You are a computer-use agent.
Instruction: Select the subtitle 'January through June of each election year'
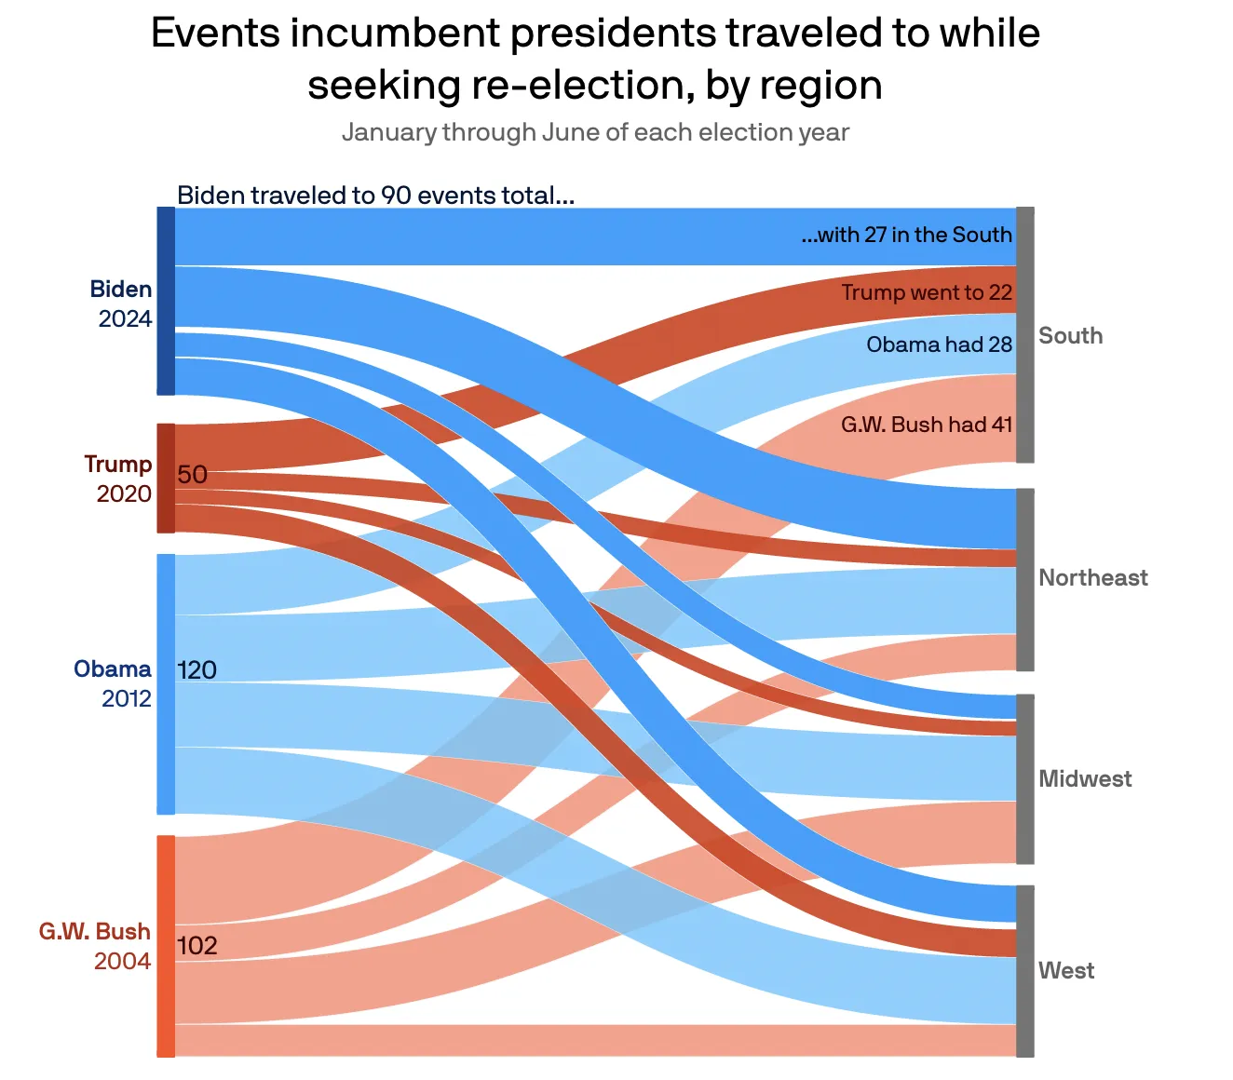[x=595, y=132]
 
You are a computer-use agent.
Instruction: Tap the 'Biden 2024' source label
[x=122, y=304]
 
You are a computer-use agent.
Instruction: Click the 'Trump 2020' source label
[x=119, y=479]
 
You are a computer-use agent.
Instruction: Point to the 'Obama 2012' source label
[x=114, y=683]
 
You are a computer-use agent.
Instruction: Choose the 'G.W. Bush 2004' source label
[x=95, y=946]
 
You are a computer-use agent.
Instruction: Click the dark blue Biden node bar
[x=166, y=301]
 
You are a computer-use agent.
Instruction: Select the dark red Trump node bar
[x=166, y=479]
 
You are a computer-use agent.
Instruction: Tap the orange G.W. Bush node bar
[x=166, y=946]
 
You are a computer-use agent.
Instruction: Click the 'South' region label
[x=1070, y=336]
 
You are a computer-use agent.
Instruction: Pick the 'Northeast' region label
[x=1092, y=578]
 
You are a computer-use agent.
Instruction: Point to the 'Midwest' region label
[x=1085, y=779]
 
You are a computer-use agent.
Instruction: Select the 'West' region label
[x=1066, y=971]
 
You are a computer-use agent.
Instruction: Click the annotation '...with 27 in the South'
[x=906, y=235]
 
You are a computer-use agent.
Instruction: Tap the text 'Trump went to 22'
[x=927, y=292]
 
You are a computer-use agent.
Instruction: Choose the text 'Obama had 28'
[x=939, y=344]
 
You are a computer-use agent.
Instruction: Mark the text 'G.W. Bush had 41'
[x=927, y=425]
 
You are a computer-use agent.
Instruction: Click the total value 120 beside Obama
[x=196, y=670]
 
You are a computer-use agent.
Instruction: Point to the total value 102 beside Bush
[x=196, y=946]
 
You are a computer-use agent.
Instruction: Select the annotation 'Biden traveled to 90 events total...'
[x=375, y=196]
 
